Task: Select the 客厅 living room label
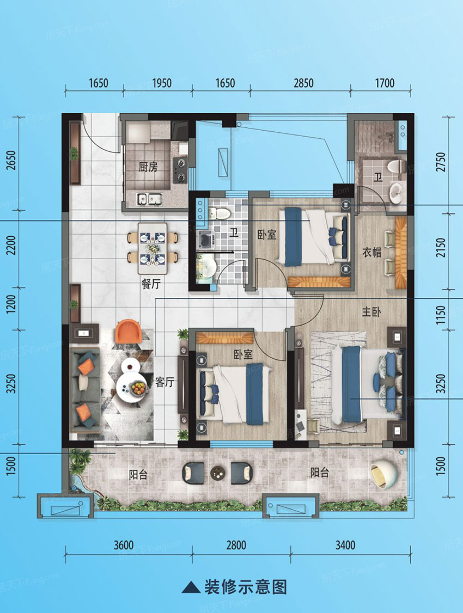click(x=164, y=383)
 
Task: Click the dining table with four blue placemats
click(x=153, y=248)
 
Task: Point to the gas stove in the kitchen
click(x=180, y=169)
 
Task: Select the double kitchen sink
click(x=149, y=199)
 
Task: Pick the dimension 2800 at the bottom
click(x=236, y=545)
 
